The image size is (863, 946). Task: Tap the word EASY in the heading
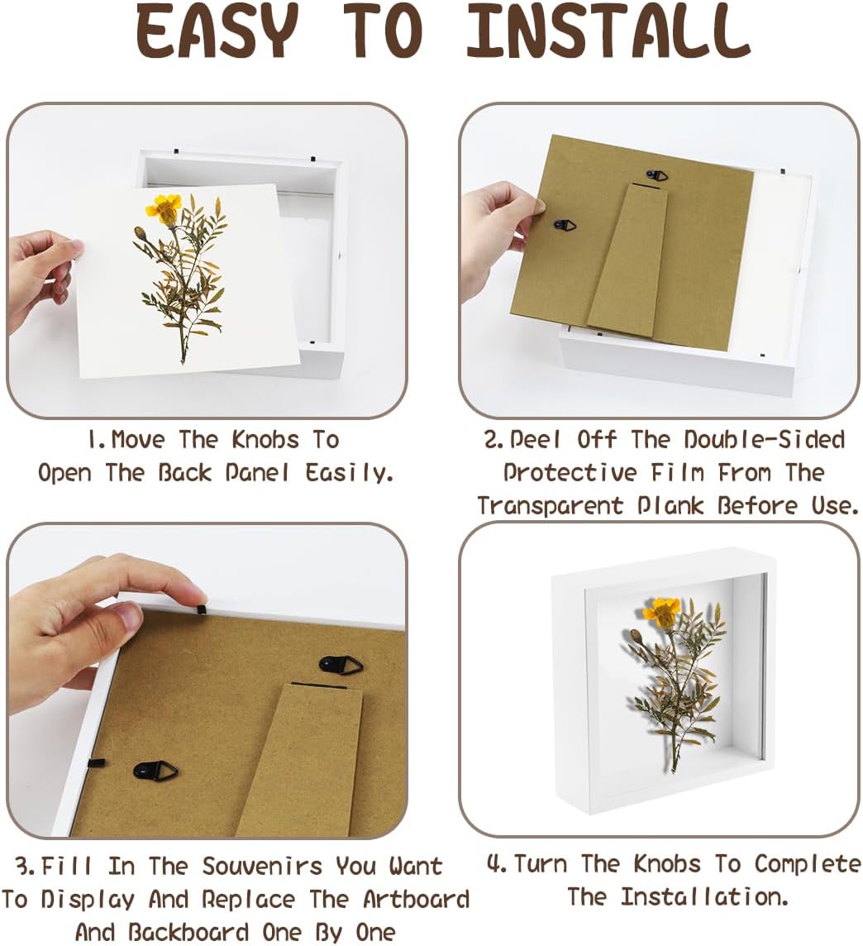[x=217, y=31]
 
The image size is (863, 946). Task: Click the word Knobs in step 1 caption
[x=265, y=440]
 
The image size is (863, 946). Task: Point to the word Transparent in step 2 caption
[x=550, y=505]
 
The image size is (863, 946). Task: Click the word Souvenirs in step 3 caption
[x=262, y=867]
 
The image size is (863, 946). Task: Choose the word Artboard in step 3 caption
[x=416, y=900]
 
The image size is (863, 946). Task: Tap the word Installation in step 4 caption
[x=704, y=896]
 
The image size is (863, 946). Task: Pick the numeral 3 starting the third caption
[x=23, y=867]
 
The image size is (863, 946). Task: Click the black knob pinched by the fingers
[x=200, y=610]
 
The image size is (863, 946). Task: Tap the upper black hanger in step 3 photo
[x=341, y=666]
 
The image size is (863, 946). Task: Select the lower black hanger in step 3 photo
[x=155, y=771]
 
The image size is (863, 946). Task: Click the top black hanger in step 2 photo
[x=656, y=175]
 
